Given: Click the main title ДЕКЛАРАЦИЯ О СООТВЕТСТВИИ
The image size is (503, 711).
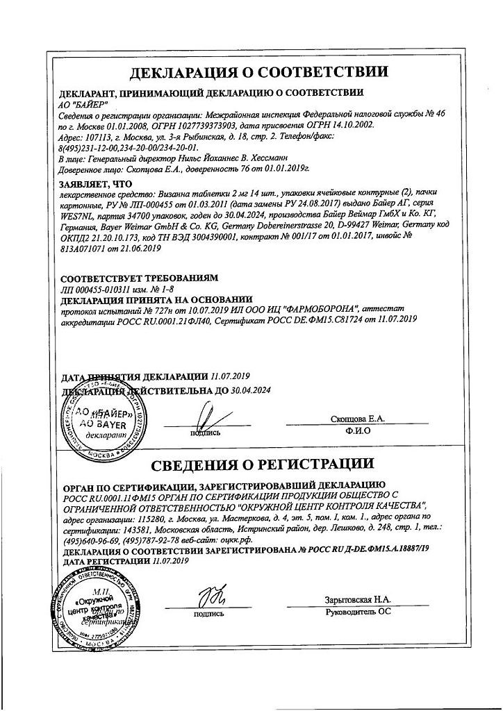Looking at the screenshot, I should pyautogui.click(x=259, y=72).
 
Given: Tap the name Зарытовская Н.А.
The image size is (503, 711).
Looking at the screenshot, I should pyautogui.click(x=357, y=599).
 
